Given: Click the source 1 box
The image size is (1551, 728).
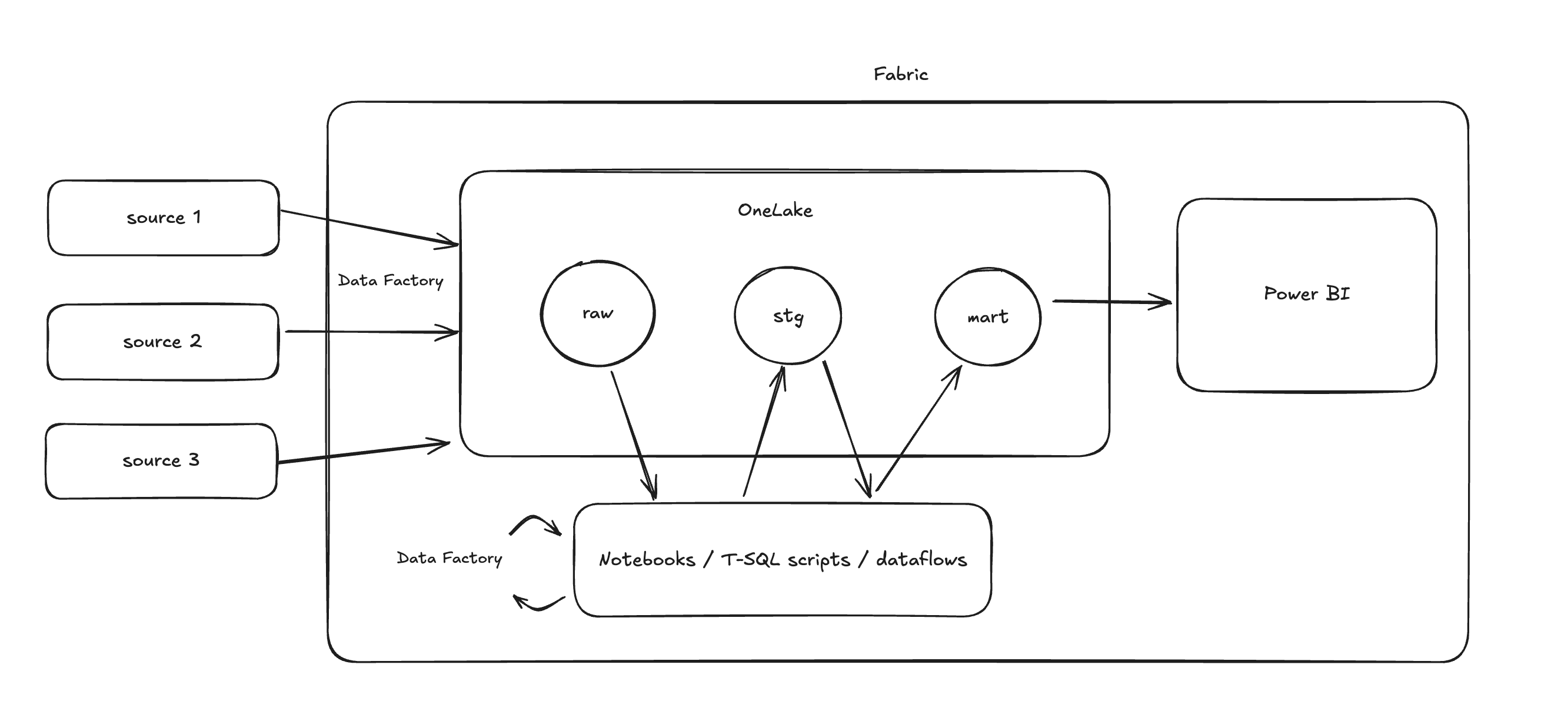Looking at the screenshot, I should (163, 218).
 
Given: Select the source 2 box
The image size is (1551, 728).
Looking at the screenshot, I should (162, 342).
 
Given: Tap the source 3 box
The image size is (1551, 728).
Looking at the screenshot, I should (161, 461).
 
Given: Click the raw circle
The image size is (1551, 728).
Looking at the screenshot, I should (597, 313).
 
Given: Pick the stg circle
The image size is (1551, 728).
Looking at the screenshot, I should (787, 316).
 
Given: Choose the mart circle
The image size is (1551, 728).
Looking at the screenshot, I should (987, 317).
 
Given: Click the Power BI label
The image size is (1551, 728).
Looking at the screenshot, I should (1307, 293).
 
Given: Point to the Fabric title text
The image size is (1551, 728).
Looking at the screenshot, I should (901, 75).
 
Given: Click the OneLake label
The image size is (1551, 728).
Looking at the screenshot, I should (775, 211).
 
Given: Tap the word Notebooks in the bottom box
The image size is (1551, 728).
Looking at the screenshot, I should (647, 560).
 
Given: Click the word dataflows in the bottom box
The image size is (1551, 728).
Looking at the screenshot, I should (921, 560).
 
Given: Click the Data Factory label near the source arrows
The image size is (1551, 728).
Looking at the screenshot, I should (390, 280).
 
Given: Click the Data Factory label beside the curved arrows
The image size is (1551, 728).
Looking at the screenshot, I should (449, 558).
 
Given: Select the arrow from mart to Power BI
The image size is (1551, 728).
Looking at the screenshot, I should (1111, 302).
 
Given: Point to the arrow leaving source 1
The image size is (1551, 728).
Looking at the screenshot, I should (367, 228).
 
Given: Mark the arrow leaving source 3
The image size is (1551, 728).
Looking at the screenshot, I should (361, 453).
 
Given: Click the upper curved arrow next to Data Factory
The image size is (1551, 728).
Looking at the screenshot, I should (535, 522).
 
